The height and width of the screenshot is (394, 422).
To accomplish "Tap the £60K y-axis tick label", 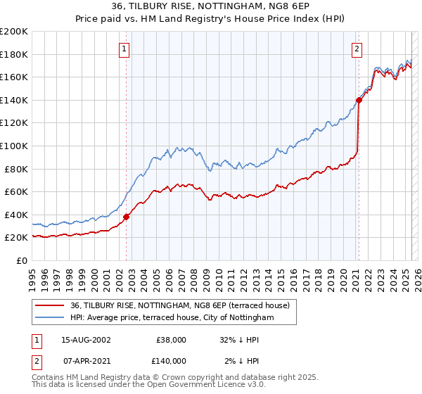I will coord(16,191).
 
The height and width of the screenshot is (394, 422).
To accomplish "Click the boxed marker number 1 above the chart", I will coord(124,49).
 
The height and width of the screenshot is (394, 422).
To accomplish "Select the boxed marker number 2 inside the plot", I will coord(357,49).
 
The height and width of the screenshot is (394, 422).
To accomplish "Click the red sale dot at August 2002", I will coord(127,217).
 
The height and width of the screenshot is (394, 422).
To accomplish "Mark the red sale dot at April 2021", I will coord(359,100).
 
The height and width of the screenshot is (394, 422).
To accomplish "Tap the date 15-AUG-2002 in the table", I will coord(86,340).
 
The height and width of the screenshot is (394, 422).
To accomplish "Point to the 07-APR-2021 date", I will coord(85,360).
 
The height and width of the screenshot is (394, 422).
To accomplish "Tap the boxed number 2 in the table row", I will coord(36,360).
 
